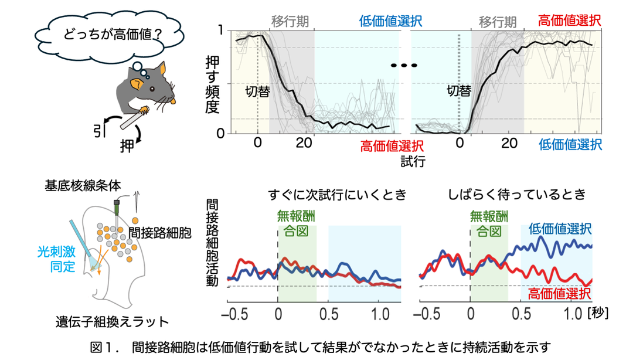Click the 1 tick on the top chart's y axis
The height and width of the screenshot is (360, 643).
pos(220,30)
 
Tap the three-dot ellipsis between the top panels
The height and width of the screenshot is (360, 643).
pos(405,65)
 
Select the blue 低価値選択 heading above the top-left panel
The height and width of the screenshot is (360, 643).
pos(390,22)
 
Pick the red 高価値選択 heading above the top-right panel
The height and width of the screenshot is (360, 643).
pos(569,21)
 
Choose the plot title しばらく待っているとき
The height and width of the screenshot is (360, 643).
pos(516,195)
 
